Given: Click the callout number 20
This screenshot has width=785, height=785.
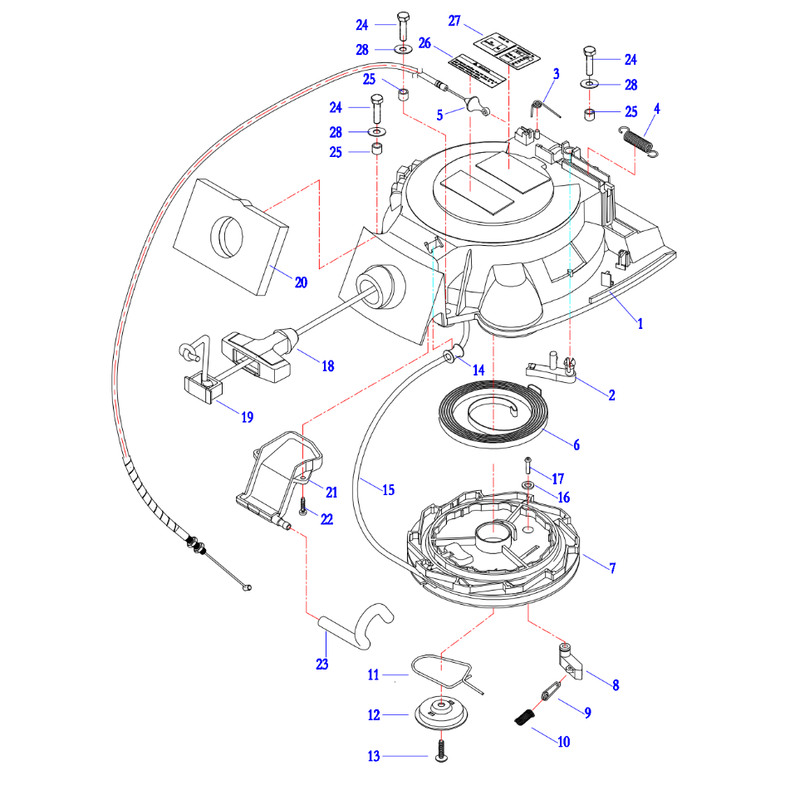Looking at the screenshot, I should [x=301, y=282].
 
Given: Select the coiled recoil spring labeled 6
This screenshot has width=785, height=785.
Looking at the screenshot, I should [x=493, y=412].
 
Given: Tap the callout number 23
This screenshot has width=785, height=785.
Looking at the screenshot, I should [x=322, y=664].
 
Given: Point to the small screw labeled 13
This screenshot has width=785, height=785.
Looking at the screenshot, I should [x=440, y=753].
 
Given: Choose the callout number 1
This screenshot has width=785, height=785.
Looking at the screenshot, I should [x=640, y=324].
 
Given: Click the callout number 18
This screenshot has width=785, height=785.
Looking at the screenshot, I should [x=328, y=366].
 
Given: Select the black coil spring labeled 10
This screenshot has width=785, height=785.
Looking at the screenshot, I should [x=523, y=717].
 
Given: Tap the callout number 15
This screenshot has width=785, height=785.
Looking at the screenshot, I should [x=388, y=489].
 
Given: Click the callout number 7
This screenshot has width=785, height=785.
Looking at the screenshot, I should [x=612, y=568].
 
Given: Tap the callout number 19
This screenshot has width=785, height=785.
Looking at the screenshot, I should [x=247, y=417].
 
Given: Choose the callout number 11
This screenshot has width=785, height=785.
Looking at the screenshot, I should [x=374, y=675].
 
